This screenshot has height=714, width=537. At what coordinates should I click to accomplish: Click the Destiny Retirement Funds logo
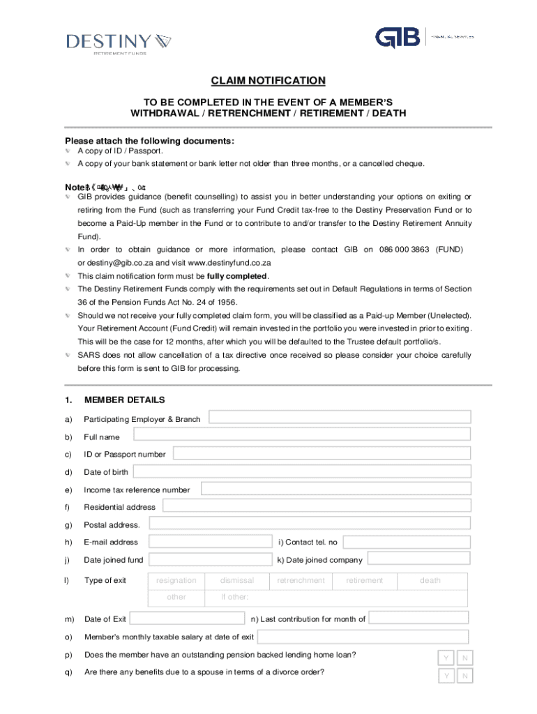[119, 45]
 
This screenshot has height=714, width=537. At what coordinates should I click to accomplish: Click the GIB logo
[398, 38]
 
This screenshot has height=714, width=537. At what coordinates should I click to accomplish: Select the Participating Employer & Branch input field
[340, 417]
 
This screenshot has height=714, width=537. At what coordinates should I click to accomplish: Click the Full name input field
[301, 434]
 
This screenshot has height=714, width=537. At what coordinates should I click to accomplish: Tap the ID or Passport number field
[322, 453]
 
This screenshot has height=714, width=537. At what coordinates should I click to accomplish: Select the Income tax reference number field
[335, 489]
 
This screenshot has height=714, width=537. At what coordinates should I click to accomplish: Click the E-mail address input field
[209, 542]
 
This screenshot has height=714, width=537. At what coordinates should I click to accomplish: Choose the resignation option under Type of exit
[176, 580]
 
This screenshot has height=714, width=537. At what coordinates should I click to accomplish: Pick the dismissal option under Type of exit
[237, 580]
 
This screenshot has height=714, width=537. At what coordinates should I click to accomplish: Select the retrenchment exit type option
[301, 580]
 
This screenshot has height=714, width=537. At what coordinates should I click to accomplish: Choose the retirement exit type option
[364, 580]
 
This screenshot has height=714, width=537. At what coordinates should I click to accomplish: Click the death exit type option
[430, 580]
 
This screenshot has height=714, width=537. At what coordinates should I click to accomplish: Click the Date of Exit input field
[188, 618]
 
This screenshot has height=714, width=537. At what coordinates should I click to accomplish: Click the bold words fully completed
[237, 275]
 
